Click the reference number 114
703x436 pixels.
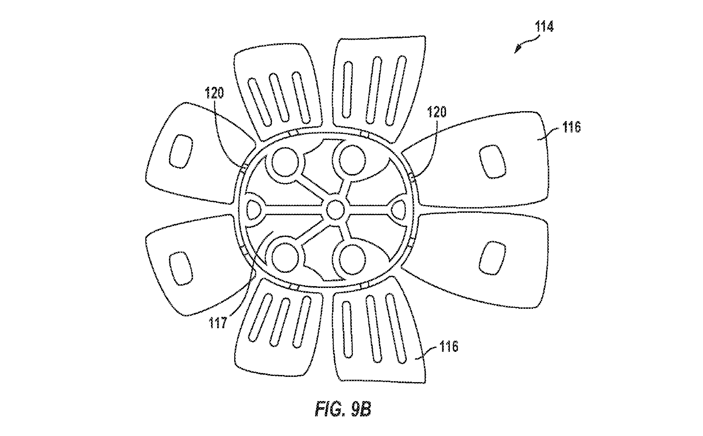(544, 27)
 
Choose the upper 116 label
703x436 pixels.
(571, 127)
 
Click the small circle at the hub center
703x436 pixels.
(335, 209)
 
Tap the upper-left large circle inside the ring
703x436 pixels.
(285, 162)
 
